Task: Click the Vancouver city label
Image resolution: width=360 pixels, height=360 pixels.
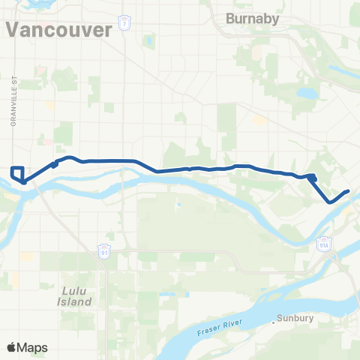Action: [60, 29]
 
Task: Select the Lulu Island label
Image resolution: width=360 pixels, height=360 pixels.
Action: [77, 295]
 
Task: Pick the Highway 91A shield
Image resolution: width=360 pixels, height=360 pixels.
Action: [323, 244]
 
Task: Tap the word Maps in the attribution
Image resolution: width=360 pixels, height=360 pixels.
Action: [34, 347]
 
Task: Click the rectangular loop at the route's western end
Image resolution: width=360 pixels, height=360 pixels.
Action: [18, 173]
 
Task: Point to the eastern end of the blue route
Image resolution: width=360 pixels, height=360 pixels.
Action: [349, 191]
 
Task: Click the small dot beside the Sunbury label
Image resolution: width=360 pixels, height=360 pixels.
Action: [274, 319]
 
